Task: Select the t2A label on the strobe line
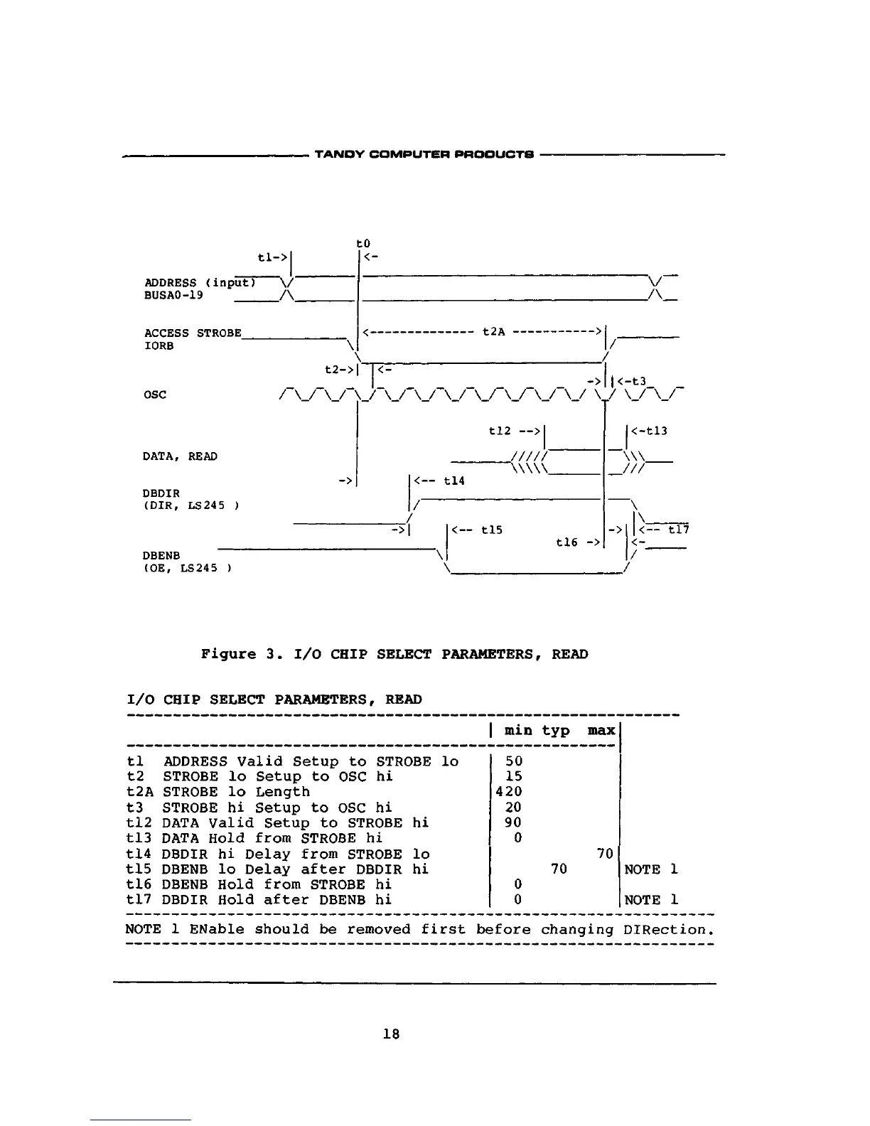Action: tap(493, 331)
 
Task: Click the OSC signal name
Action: tap(155, 395)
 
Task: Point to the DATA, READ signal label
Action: tap(180, 456)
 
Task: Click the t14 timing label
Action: tap(453, 481)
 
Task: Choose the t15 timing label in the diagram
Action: tap(492, 530)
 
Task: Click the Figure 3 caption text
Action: tap(394, 654)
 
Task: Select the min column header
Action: tap(518, 731)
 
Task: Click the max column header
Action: tap(601, 731)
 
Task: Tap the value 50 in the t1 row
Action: tap(513, 761)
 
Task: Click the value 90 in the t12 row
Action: tap(513, 822)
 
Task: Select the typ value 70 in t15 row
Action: tap(559, 869)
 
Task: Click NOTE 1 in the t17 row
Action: tap(651, 900)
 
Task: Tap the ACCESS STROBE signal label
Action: tap(193, 333)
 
